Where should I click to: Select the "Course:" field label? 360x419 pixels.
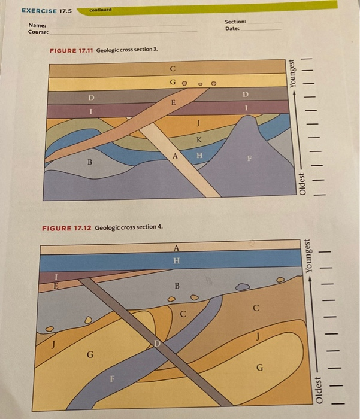(x=38, y=32)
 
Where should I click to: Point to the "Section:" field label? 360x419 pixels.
(x=235, y=22)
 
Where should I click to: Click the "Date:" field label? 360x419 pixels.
(x=232, y=29)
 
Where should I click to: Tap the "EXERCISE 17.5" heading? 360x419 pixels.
(x=46, y=11)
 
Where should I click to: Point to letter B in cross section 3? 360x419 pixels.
(x=90, y=162)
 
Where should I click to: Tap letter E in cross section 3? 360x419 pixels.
(x=174, y=103)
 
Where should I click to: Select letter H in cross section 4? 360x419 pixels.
(x=176, y=260)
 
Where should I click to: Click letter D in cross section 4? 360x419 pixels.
(x=157, y=343)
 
